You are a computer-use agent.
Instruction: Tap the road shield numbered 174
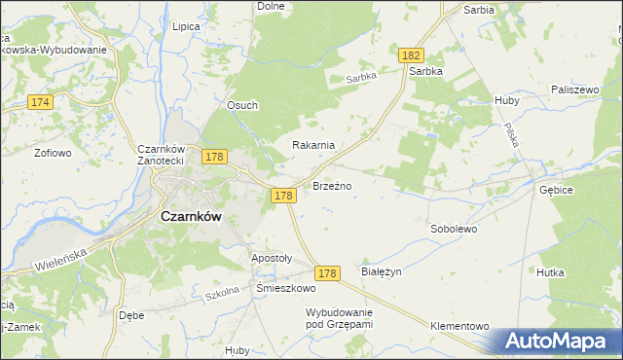(x=40, y=101)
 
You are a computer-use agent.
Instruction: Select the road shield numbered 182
(x=409, y=57)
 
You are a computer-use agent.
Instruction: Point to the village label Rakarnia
(x=314, y=145)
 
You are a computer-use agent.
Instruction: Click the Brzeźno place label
(x=332, y=185)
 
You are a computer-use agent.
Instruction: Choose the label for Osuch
(x=242, y=106)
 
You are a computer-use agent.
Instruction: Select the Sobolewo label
(x=454, y=230)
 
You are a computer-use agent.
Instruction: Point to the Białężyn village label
(x=382, y=271)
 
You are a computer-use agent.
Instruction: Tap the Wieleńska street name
(x=61, y=258)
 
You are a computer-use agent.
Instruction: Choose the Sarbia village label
(x=479, y=9)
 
